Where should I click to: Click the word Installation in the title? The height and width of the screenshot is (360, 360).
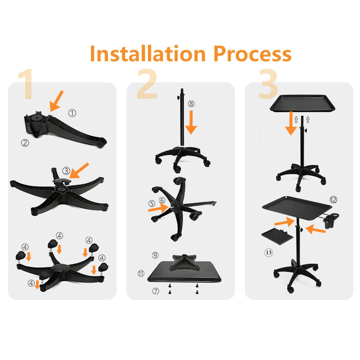click(x=148, y=53)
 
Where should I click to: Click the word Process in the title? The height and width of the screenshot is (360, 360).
click(x=252, y=54)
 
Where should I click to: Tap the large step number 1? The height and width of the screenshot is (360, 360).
click(x=26, y=84)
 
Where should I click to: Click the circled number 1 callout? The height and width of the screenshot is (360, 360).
click(x=72, y=113)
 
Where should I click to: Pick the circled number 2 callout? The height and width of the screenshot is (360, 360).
click(x=25, y=143)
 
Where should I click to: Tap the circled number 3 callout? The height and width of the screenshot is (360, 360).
click(x=66, y=171)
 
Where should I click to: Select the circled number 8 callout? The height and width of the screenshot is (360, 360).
click(x=191, y=104)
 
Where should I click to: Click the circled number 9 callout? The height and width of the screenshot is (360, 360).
click(x=155, y=255)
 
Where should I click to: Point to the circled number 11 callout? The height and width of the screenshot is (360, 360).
click(x=141, y=274)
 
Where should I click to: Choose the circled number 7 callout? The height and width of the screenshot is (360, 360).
click(x=156, y=291)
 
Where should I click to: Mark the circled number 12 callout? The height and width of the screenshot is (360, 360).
click(x=333, y=200)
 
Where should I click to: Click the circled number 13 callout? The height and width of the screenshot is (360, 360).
click(x=269, y=253)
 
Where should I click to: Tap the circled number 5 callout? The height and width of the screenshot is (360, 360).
click(x=152, y=203)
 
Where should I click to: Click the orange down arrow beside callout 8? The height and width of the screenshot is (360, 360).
click(x=191, y=122)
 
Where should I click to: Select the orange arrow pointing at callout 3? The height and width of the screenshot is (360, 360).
click(x=79, y=171)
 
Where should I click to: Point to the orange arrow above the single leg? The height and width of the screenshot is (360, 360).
click(x=56, y=101)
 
